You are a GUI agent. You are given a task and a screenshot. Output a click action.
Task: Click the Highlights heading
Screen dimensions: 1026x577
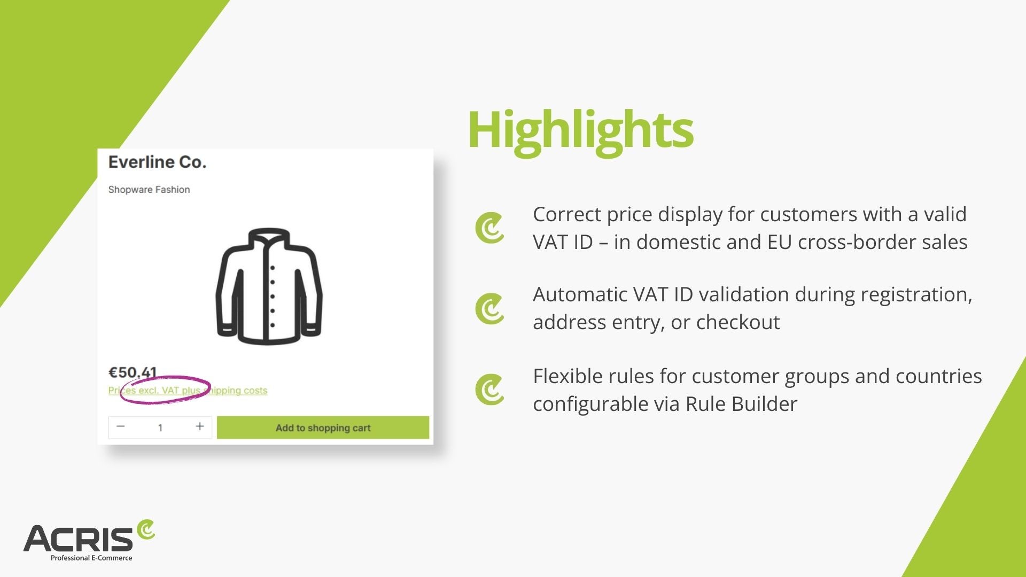point(580,130)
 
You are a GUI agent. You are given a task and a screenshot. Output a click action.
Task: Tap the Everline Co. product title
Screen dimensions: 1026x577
point(157,162)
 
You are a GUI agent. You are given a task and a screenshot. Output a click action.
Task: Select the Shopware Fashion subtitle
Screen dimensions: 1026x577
point(149,190)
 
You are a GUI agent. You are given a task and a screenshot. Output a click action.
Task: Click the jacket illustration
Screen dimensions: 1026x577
point(269,286)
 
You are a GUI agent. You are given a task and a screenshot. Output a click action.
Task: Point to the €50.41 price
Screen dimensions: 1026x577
point(133,372)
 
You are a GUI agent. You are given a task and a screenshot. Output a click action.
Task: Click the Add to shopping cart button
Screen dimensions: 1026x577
point(323,427)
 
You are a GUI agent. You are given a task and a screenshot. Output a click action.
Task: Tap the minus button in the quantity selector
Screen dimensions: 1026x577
point(121,426)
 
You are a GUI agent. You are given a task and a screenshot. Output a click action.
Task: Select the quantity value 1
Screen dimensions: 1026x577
point(160,427)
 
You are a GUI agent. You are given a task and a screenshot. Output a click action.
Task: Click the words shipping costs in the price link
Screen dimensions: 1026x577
point(237,391)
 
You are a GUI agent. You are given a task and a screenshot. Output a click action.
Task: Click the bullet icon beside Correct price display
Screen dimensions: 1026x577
point(489,228)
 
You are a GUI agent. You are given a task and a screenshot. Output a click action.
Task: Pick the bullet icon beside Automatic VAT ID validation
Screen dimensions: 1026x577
point(489,309)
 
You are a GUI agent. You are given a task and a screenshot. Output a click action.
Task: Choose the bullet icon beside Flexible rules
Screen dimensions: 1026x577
point(489,389)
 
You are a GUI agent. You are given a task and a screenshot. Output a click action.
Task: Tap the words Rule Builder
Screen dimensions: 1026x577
point(741,404)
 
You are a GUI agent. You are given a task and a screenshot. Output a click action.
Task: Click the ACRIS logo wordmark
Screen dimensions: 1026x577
point(78,539)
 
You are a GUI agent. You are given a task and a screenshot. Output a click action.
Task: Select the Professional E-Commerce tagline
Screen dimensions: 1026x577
point(91,558)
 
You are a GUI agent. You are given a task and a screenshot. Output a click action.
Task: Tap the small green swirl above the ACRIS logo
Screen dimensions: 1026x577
point(146,529)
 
